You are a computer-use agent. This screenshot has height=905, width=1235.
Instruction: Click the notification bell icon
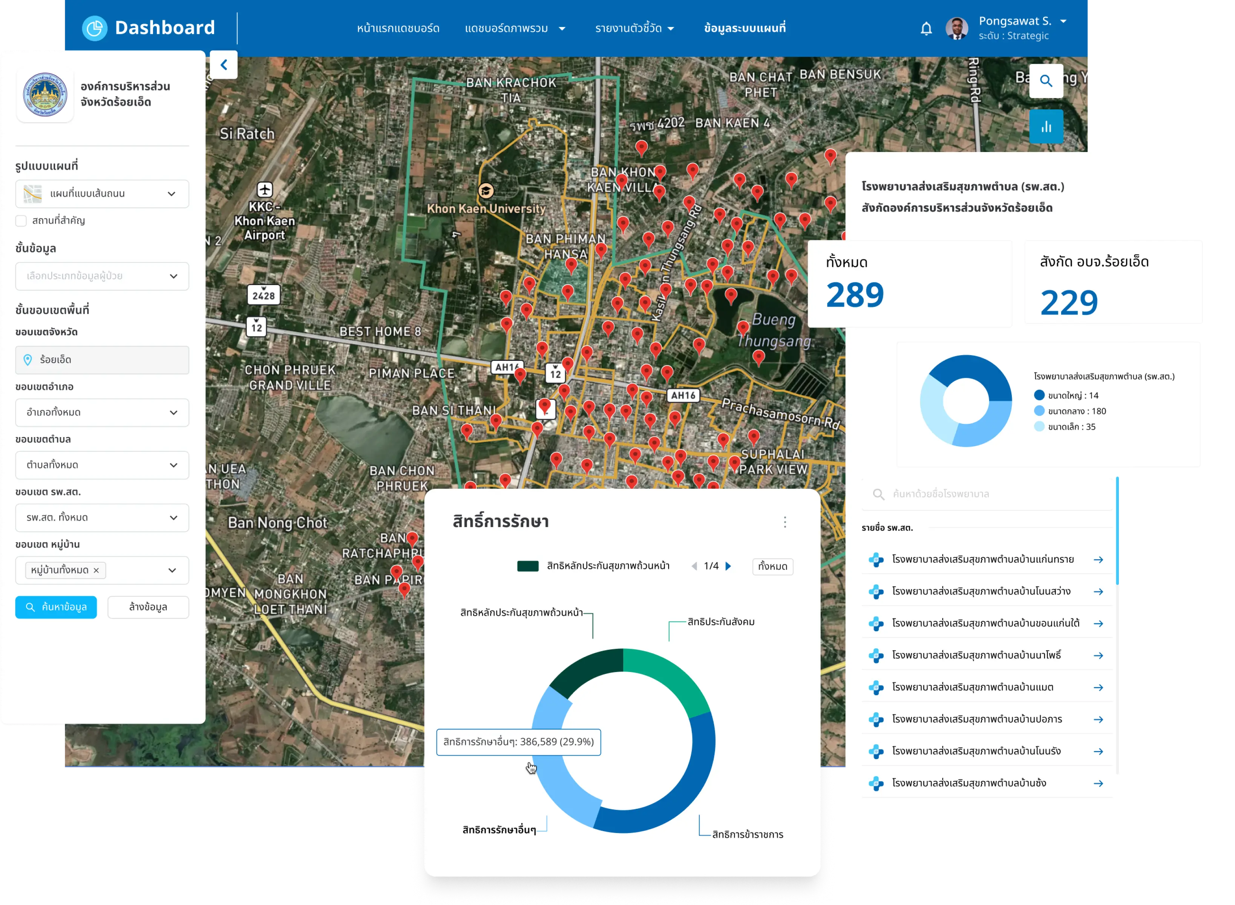coord(926,29)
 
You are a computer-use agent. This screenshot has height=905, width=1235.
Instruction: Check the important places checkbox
coord(21,221)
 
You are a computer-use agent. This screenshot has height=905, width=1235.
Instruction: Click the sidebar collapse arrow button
coord(224,64)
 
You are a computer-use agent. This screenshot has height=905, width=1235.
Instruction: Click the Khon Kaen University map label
coord(486,209)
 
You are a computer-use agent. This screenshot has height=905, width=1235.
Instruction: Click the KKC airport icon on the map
coord(265,190)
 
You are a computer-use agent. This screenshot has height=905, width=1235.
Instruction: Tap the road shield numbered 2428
coord(264,295)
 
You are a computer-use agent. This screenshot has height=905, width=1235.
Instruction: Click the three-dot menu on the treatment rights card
coord(785,522)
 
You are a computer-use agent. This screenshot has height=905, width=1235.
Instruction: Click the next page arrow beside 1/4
coord(728,566)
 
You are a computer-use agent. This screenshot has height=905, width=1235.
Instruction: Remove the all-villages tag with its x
coord(97,570)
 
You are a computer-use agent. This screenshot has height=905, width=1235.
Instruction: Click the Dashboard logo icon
coord(95,28)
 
